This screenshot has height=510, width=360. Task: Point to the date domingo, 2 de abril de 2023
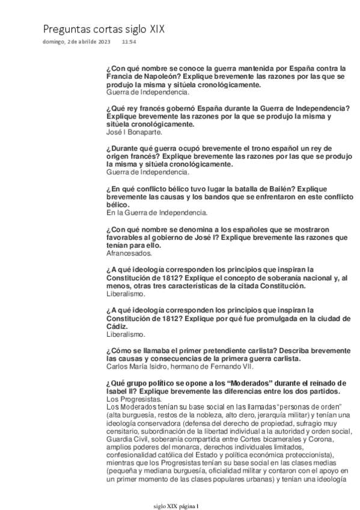point(77,42)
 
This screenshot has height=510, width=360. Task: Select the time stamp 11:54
point(129,42)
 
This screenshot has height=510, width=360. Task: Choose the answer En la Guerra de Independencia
point(157,212)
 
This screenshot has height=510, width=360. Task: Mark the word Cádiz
point(117,325)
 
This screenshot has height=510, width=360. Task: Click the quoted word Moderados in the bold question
point(260,383)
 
